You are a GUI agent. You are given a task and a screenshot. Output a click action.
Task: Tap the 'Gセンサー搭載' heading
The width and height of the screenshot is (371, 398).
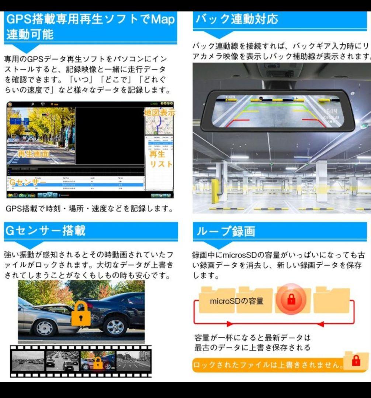tap(45, 230)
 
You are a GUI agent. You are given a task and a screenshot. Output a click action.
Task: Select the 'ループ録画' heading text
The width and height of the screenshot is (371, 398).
tap(225, 231)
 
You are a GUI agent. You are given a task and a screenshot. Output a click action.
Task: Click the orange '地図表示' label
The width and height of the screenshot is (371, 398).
tap(159, 112)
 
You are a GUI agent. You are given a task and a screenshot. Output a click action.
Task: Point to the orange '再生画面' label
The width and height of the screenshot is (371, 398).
tap(34, 154)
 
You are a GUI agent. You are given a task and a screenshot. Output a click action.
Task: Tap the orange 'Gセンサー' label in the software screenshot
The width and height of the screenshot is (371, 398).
tap(28, 182)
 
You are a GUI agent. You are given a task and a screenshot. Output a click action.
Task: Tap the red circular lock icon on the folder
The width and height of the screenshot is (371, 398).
tap(291, 299)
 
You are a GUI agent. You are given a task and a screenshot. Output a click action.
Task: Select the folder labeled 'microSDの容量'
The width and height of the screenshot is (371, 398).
tap(236, 301)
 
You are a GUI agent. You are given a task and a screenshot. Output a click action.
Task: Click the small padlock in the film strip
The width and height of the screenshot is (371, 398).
tap(98, 363)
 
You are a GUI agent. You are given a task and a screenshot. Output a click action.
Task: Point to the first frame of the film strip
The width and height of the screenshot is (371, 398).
tap(28, 361)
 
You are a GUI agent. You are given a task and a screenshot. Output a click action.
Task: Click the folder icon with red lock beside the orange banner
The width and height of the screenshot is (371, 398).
tap(356, 362)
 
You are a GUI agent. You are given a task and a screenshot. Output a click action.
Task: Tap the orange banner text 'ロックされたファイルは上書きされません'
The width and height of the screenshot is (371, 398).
tap(268, 365)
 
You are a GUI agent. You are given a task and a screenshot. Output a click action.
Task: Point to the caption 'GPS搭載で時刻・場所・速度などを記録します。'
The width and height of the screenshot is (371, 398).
tap(89, 209)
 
